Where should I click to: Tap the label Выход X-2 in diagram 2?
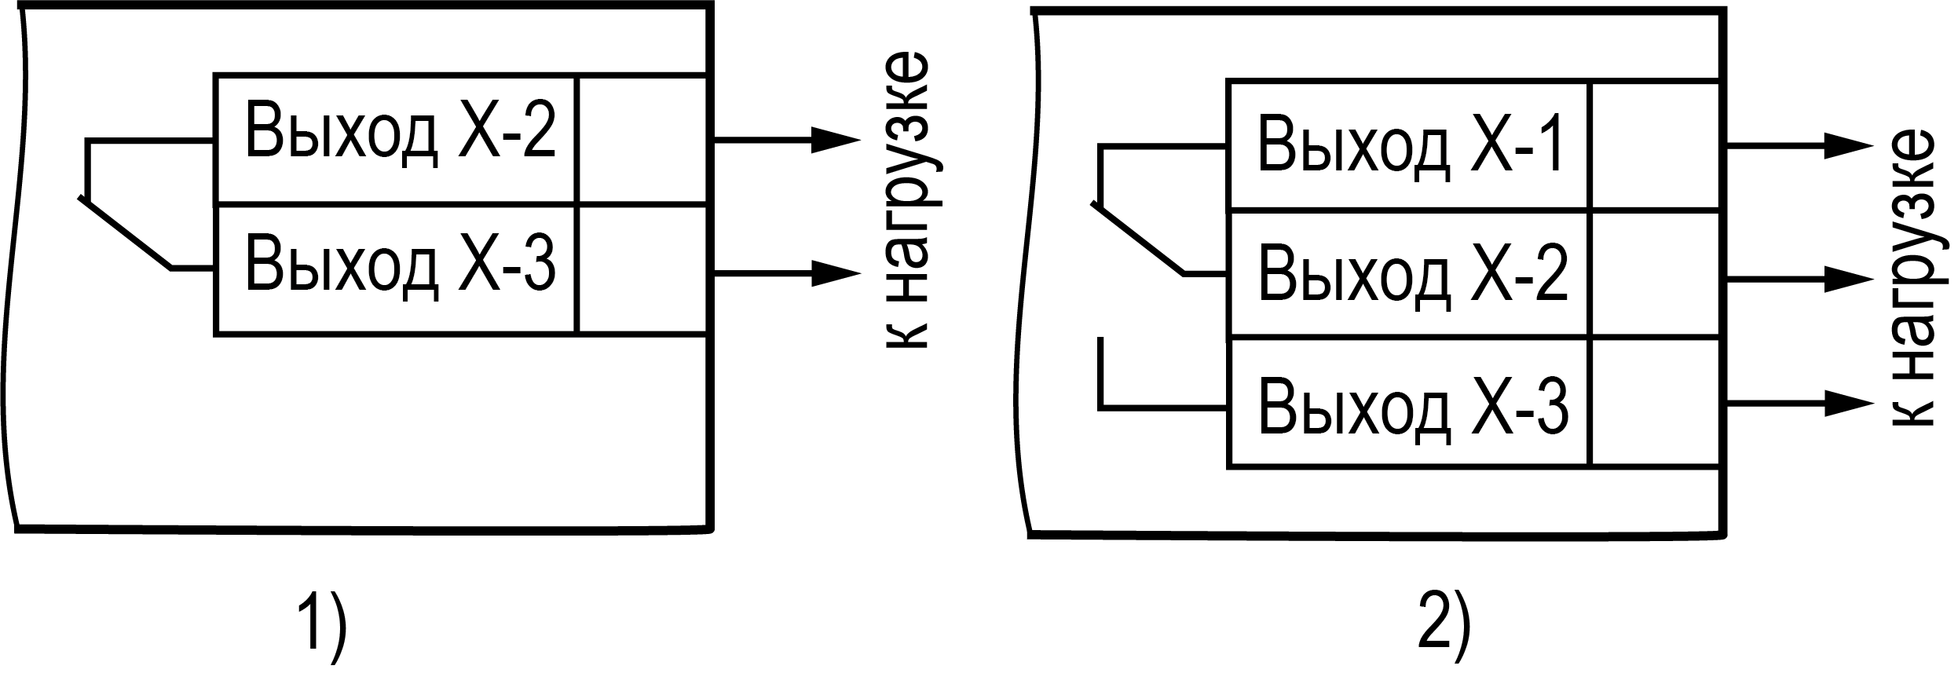(x=1412, y=276)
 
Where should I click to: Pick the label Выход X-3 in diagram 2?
(x=1412, y=406)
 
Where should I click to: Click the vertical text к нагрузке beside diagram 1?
(x=908, y=203)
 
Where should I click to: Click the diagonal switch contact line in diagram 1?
(x=126, y=234)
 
